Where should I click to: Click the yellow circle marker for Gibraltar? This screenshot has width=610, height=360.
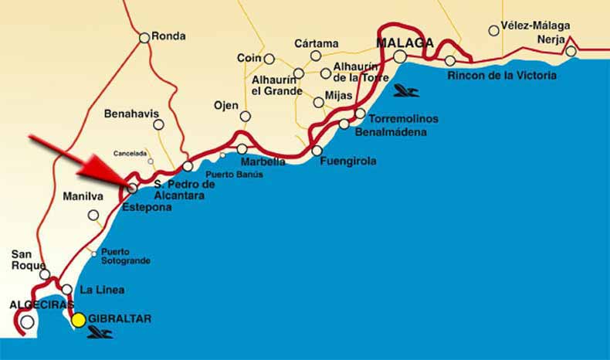pyautogui.click(x=78, y=320)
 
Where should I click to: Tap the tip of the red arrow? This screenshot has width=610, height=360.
pyautogui.click(x=127, y=185)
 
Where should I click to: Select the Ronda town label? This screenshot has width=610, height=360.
pyautogui.click(x=169, y=36)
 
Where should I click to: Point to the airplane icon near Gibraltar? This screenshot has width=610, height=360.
pyautogui.click(x=100, y=333)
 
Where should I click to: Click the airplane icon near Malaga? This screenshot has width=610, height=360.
pyautogui.click(x=405, y=91)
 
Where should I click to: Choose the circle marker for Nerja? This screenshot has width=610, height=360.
pyautogui.click(x=571, y=52)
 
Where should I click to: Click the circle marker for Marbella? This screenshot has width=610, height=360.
pyautogui.click(x=242, y=149)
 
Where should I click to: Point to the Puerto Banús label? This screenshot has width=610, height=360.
pyautogui.click(x=234, y=174)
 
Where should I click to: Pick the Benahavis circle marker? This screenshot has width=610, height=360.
pyautogui.click(x=158, y=124)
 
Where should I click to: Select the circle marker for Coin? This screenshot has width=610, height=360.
pyautogui.click(x=269, y=59)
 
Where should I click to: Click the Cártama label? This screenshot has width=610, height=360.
pyautogui.click(x=317, y=43)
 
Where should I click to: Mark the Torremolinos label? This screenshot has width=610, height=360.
pyautogui.click(x=403, y=119)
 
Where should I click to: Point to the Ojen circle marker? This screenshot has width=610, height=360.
pyautogui.click(x=245, y=117)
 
